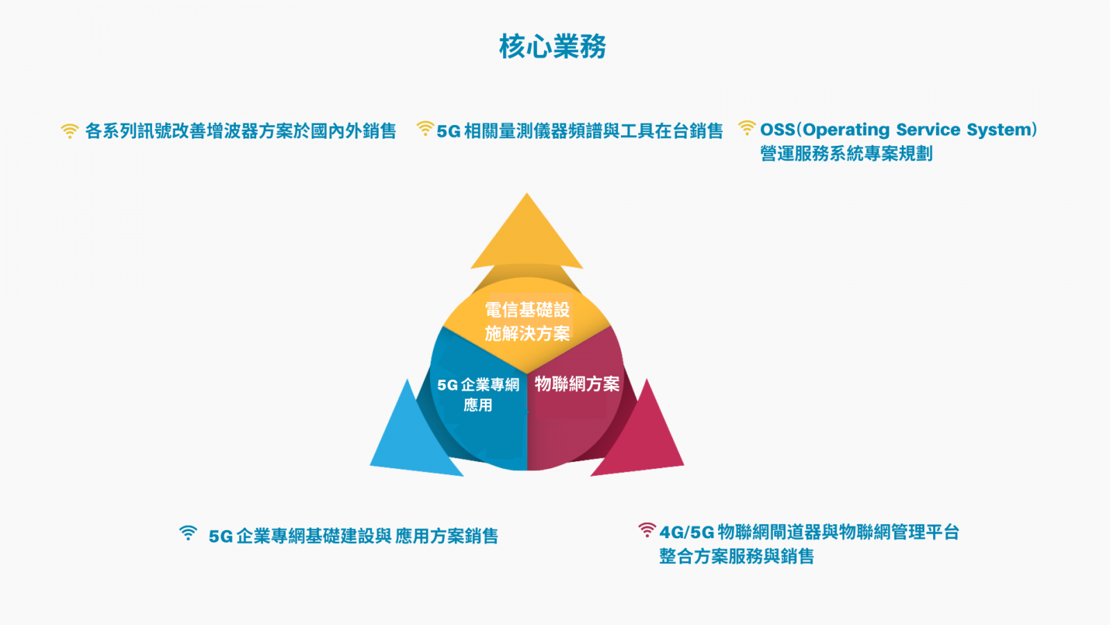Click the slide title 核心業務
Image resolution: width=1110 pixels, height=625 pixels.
pyautogui.click(x=552, y=47)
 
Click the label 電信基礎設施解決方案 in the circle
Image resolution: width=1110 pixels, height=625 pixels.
pyautogui.click(x=527, y=322)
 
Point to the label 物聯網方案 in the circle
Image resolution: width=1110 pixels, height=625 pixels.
pyautogui.click(x=577, y=383)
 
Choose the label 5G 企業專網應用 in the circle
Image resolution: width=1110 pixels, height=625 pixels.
pyautogui.click(x=478, y=395)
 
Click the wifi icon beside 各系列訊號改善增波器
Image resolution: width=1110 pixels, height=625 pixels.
pyautogui.click(x=70, y=131)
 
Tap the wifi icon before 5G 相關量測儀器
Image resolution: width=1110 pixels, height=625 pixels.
pyautogui.click(x=425, y=128)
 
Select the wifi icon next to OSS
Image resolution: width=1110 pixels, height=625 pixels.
pyautogui.click(x=746, y=128)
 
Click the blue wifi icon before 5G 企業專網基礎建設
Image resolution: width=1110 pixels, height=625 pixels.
pyautogui.click(x=188, y=533)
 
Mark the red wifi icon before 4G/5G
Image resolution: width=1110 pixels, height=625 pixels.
pyautogui.click(x=647, y=530)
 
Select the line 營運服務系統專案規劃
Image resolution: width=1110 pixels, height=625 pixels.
pyautogui.click(x=846, y=153)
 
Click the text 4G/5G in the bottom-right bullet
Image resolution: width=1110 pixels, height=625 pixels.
pyautogui.click(x=687, y=533)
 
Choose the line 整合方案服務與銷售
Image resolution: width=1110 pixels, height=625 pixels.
pyautogui.click(x=736, y=556)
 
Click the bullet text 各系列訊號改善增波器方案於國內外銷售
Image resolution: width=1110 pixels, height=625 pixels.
pyautogui.click(x=241, y=131)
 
